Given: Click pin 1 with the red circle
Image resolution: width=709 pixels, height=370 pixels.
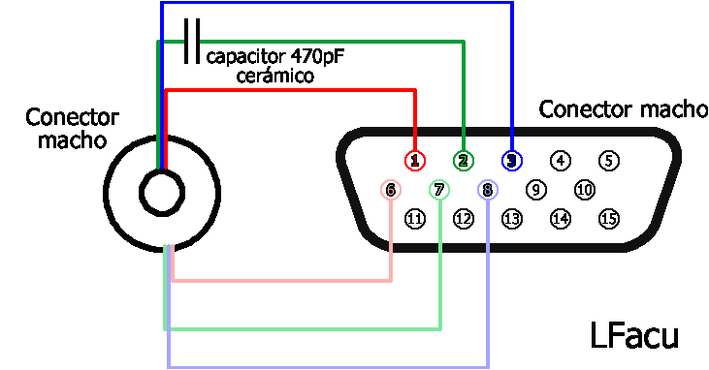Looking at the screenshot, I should [x=415, y=160].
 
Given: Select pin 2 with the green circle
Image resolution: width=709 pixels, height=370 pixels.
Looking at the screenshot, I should [x=464, y=160].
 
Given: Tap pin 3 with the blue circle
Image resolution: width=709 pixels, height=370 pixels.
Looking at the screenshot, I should [x=511, y=160].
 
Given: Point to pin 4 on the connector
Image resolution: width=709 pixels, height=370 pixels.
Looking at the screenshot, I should [x=561, y=160].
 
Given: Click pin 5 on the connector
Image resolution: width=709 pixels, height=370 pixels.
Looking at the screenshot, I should [x=608, y=160].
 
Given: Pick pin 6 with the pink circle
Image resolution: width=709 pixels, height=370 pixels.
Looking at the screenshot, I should [x=391, y=190].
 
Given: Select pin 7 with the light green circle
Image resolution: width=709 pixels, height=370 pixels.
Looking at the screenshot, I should [x=439, y=190].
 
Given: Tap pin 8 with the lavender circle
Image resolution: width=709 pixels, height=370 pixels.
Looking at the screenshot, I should [x=488, y=190].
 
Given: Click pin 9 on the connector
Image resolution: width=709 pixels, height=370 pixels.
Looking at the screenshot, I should [x=536, y=190].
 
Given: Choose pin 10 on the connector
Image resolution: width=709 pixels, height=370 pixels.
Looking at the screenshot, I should [x=584, y=190].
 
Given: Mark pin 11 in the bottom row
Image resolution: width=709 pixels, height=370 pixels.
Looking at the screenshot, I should [x=415, y=219].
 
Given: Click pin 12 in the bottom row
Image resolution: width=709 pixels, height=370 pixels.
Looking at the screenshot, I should [x=464, y=219].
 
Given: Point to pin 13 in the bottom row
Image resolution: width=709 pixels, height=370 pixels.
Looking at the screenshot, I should [x=512, y=219].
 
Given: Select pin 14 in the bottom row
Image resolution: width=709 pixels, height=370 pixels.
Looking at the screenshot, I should [x=560, y=219].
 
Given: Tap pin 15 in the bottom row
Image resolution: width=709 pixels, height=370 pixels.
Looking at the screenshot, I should [x=608, y=219].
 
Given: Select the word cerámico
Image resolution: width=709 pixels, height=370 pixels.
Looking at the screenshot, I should [x=274, y=75].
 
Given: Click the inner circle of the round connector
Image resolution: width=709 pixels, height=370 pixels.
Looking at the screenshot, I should [x=160, y=193].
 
